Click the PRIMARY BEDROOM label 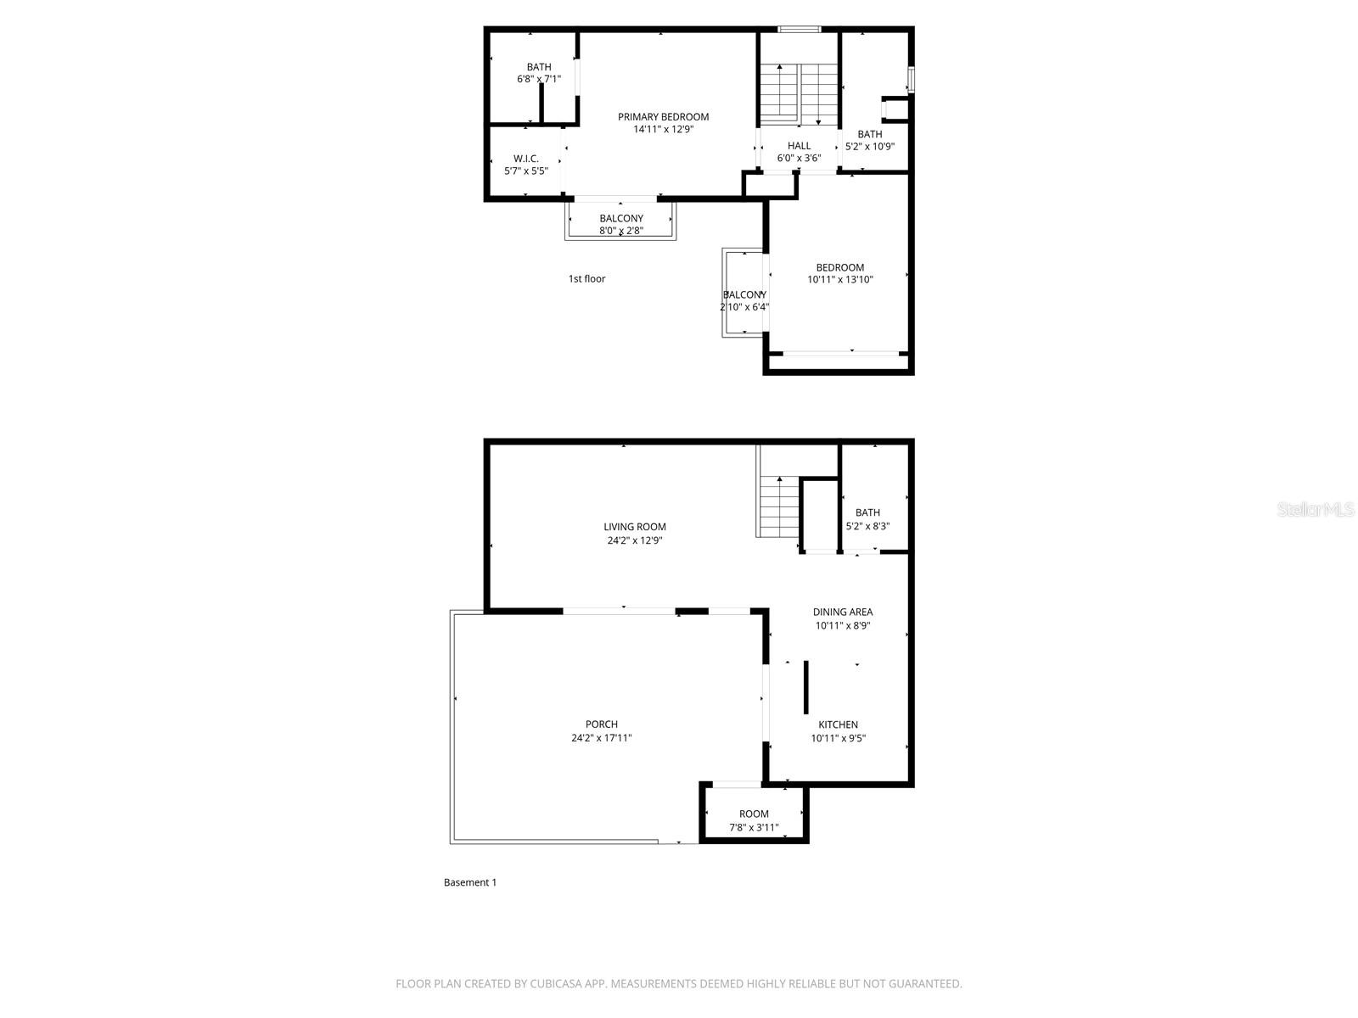click(x=663, y=117)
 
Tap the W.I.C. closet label click(x=526, y=159)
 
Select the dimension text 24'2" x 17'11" click(x=601, y=738)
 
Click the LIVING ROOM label click(x=635, y=527)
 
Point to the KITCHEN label click(x=838, y=724)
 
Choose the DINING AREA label click(x=842, y=612)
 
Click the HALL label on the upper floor click(x=799, y=146)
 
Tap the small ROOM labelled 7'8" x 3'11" click(x=754, y=814)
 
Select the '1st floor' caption click(x=586, y=278)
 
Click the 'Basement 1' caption click(x=470, y=882)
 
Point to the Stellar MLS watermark click(x=1316, y=510)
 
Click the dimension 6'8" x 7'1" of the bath click(x=539, y=79)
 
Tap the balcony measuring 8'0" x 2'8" click(x=621, y=224)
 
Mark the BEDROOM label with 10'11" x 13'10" click(x=839, y=267)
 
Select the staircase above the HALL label click(x=798, y=92)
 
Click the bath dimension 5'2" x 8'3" click(x=867, y=526)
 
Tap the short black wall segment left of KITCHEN click(x=805, y=687)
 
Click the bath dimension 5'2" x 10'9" click(x=869, y=146)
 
